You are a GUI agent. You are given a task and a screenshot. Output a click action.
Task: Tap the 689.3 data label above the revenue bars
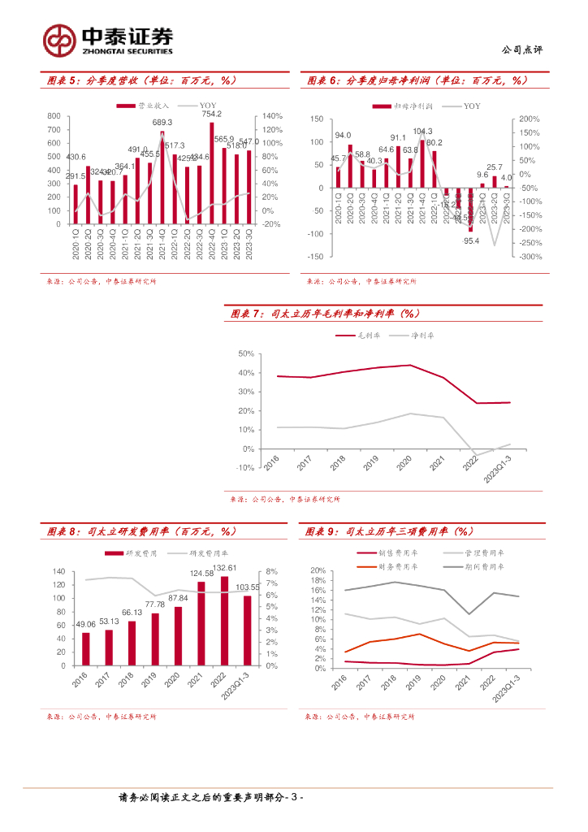[x=162, y=123]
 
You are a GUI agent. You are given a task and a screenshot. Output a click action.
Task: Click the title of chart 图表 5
[x=139, y=80]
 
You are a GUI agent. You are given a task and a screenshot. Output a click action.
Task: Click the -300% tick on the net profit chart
[x=530, y=257]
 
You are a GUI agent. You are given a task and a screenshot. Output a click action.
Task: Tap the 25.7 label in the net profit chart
[x=495, y=167]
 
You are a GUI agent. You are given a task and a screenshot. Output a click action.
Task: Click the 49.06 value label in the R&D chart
[x=86, y=624]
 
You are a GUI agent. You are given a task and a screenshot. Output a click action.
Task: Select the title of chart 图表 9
[x=389, y=531]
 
